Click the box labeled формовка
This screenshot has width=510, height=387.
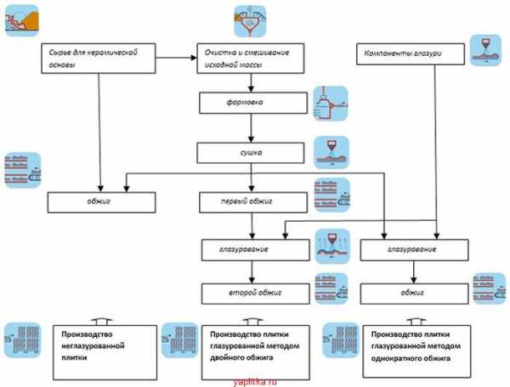click(253, 103)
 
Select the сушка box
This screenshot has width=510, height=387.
click(251, 153)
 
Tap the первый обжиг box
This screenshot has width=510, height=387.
click(253, 202)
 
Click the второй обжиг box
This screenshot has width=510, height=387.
click(255, 294)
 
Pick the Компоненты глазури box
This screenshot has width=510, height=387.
click(411, 54)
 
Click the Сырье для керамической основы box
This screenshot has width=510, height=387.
click(99, 59)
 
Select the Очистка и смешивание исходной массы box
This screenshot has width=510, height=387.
click(251, 59)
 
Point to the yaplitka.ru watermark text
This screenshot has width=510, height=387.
click(255, 382)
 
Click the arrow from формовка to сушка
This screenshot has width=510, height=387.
click(251, 128)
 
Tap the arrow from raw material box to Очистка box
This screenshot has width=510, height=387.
click(176, 58)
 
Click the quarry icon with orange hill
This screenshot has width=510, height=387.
click(22, 20)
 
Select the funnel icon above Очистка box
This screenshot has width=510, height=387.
click(250, 21)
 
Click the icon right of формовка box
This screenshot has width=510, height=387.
click(331, 104)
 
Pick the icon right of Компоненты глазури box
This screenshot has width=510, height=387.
click(485, 51)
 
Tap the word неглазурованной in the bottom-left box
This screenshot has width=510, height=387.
click(93, 345)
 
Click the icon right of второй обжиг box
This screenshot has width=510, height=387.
click(331, 289)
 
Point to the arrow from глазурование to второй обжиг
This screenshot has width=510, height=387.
click(252, 272)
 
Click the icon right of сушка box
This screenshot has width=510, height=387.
click(331, 152)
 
